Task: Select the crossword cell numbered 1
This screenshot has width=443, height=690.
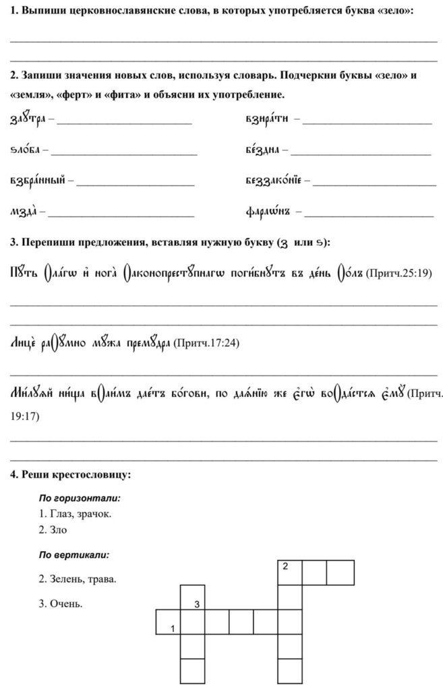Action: coord(168,623)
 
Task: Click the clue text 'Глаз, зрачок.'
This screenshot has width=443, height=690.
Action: coord(80,514)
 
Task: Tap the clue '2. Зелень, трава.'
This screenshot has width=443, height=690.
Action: coord(77,579)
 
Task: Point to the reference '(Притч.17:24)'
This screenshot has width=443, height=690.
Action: coord(205,342)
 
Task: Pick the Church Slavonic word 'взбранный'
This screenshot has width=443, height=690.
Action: coord(37,181)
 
